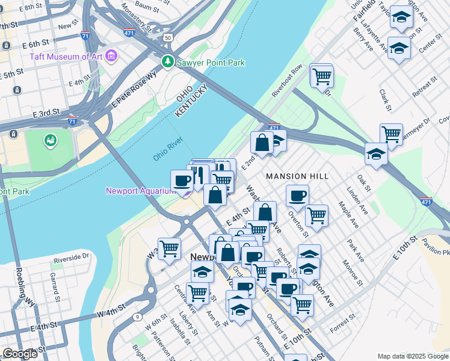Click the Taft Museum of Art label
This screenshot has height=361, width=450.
coord(66,58)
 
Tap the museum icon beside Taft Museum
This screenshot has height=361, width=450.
coord(111,57)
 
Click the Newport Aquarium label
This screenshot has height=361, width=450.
coord(140,191)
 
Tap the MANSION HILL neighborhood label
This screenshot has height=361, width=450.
coord(297,176)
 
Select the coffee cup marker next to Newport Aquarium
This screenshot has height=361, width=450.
coord(182,180)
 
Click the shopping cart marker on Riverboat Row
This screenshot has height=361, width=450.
coord(322,76)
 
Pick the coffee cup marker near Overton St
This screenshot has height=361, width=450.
coord(297,195)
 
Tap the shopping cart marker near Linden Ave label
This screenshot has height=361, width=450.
coord(391,133)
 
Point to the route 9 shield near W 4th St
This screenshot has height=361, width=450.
coord(138,316)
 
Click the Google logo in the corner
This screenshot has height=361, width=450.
coord(19,354)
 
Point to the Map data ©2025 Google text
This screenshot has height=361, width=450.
coord(412,356)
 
